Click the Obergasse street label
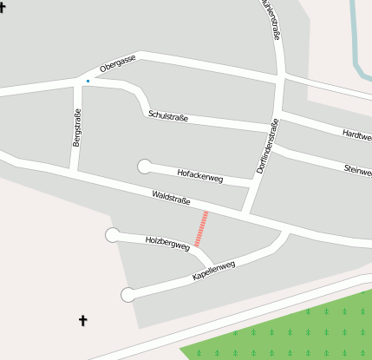pos(117,63)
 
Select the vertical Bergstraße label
pos(77,127)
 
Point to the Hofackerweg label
pos(200,176)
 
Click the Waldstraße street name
pos(171,199)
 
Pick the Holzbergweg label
pos(167,244)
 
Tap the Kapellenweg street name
pos(213,271)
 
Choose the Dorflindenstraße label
pos(268,146)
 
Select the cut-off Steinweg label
pos(358,169)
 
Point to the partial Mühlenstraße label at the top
pos(271,19)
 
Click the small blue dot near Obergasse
pos(88,82)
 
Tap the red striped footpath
pos(201,229)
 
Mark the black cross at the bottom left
pos(83,321)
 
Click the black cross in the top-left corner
pos(3,7)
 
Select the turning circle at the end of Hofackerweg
pos(144,167)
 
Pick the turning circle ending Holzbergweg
pos(112,234)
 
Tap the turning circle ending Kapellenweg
pos(128,295)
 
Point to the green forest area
pos(295,334)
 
